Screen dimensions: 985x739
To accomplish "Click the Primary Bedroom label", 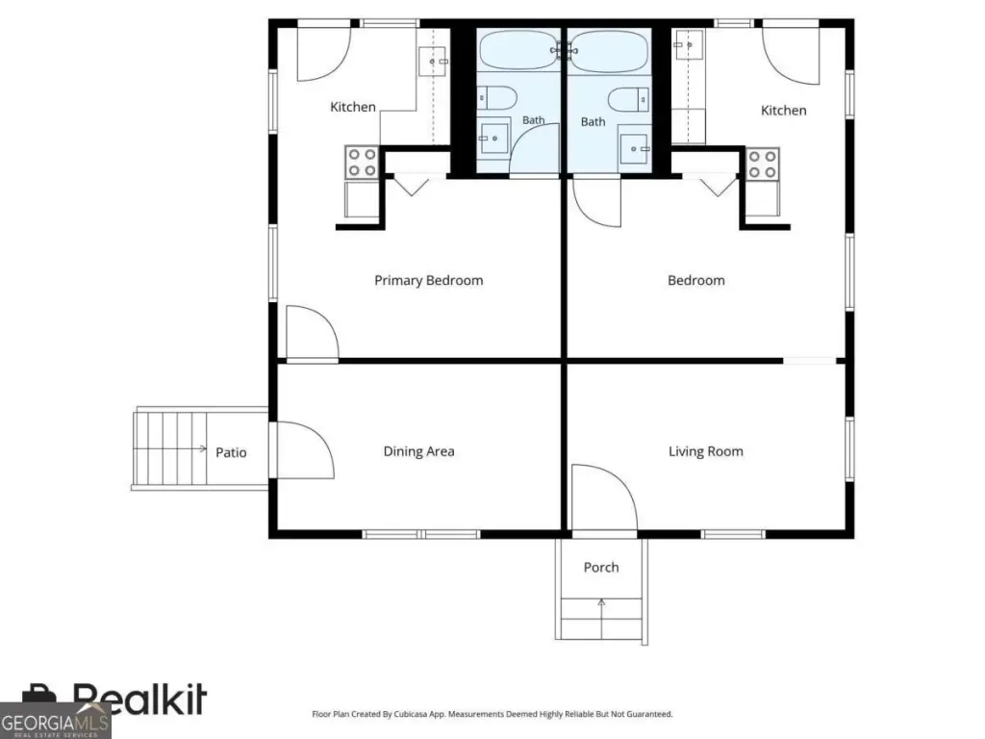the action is (x=428, y=281).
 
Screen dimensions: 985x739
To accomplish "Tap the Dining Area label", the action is (x=418, y=451).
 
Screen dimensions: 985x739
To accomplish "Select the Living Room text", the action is (x=705, y=451).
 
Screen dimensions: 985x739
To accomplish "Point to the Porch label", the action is (x=601, y=567).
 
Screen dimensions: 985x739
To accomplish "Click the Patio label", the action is (x=231, y=452).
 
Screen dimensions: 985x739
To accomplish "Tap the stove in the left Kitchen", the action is (x=362, y=162).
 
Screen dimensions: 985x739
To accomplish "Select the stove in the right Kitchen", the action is (x=763, y=164).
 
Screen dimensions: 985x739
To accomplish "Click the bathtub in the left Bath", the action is (x=518, y=50).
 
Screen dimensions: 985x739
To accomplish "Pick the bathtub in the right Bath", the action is (x=609, y=51).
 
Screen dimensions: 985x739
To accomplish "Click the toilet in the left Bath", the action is (x=497, y=98).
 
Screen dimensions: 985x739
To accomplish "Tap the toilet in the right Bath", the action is (x=629, y=100).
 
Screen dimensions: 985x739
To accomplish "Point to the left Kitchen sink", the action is (x=432, y=61).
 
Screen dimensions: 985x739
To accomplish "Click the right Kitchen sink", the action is (x=689, y=44).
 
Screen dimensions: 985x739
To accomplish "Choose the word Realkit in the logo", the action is (x=139, y=700).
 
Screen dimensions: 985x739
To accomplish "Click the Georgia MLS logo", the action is (x=55, y=722).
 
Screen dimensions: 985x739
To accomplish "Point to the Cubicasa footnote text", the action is (x=492, y=714).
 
